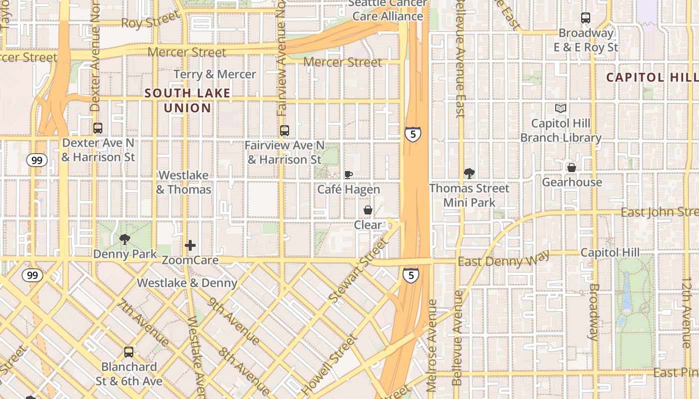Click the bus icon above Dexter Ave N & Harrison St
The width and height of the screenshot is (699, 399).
click(x=98, y=128)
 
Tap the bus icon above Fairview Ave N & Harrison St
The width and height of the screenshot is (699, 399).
click(x=285, y=131)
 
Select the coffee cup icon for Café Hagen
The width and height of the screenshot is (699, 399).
click(x=349, y=175)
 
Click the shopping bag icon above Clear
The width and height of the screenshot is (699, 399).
click(x=368, y=210)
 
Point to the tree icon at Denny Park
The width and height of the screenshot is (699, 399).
click(x=125, y=239)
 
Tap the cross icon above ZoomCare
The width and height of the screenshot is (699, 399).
click(x=190, y=245)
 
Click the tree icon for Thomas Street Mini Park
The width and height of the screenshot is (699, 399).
click(x=469, y=174)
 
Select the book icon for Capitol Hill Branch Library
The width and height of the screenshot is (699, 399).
click(x=561, y=108)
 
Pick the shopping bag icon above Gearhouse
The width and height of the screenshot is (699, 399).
click(x=572, y=168)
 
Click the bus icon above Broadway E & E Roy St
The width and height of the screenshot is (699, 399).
click(x=586, y=18)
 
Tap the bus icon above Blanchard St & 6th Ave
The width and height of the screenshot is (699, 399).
click(x=129, y=352)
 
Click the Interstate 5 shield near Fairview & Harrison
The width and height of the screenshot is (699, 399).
click(x=412, y=134)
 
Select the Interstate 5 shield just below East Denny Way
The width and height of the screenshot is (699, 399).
click(x=410, y=275)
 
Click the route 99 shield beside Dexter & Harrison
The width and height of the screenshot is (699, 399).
click(x=37, y=160)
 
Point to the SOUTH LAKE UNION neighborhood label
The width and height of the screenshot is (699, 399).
click(x=188, y=100)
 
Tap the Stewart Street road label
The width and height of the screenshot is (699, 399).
click(x=359, y=269)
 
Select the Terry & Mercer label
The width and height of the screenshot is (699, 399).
click(x=215, y=74)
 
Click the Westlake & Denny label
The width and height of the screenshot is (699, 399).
click(x=187, y=283)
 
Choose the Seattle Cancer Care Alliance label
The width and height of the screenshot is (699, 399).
click(x=387, y=10)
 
